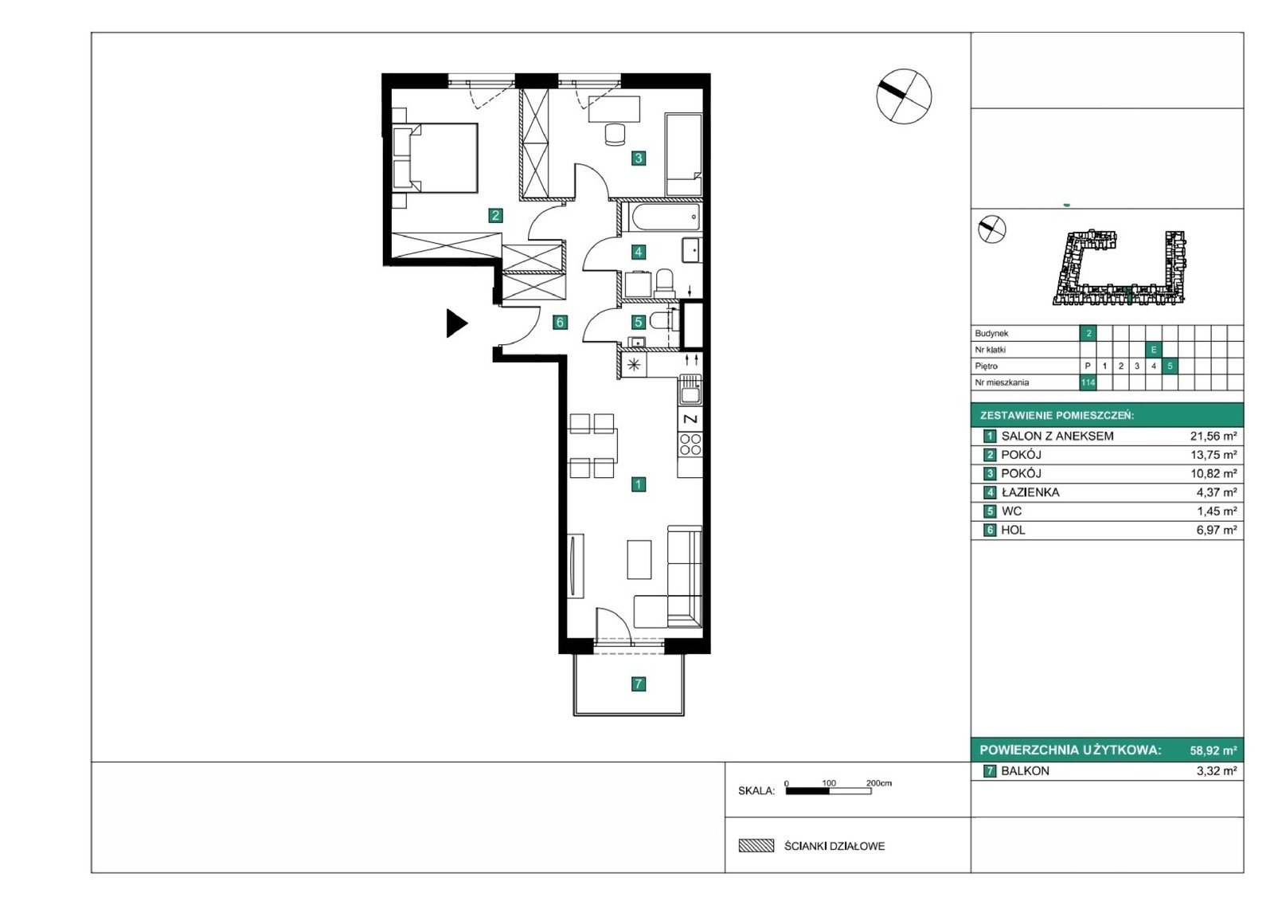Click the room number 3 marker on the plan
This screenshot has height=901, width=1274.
638,158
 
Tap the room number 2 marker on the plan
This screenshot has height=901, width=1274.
495,215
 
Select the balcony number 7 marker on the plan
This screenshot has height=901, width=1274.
638,684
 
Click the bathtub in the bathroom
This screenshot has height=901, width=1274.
662,217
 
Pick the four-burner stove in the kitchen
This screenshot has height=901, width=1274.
690,444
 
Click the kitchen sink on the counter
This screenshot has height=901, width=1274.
690,390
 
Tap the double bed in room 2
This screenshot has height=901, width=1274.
435,158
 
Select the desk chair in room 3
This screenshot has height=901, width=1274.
614,135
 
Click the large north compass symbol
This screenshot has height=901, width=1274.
904,96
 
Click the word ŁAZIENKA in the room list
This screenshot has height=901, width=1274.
1030,492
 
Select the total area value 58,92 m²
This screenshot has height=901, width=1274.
1213,750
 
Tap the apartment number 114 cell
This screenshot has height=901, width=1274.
1088,382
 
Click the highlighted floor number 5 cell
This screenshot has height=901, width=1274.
1170,366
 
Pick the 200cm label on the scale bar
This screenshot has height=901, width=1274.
879,783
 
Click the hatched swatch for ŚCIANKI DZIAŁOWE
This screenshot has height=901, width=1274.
756,846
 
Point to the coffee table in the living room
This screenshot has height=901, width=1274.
639,559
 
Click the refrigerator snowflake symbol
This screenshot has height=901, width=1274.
634,365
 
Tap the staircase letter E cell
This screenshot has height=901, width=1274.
1154,350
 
